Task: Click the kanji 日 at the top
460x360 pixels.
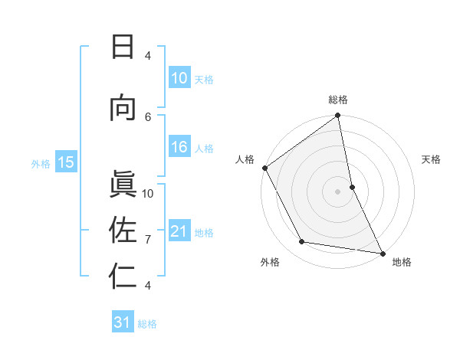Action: pos(122,47)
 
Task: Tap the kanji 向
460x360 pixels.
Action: pos(122,108)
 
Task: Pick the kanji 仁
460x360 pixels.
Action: pos(122,276)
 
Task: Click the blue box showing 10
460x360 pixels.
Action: pos(179,78)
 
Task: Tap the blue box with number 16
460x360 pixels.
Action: pos(179,148)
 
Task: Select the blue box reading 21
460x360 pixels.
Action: pos(179,232)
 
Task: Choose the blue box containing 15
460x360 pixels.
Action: pos(66,162)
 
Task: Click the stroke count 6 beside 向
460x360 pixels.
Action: pos(149,116)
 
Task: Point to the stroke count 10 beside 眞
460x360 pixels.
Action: pos(149,193)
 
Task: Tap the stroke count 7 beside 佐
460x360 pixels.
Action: pos(149,240)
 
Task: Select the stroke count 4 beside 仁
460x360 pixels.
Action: pos(149,286)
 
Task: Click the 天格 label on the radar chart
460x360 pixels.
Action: pos(432,159)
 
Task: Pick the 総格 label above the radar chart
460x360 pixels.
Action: pos(338,100)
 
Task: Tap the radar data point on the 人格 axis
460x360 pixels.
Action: pos(264,168)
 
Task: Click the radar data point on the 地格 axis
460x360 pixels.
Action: pos(382,253)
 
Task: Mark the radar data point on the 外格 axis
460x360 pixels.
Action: pos(302,242)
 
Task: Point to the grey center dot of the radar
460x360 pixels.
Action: pos(338,191)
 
